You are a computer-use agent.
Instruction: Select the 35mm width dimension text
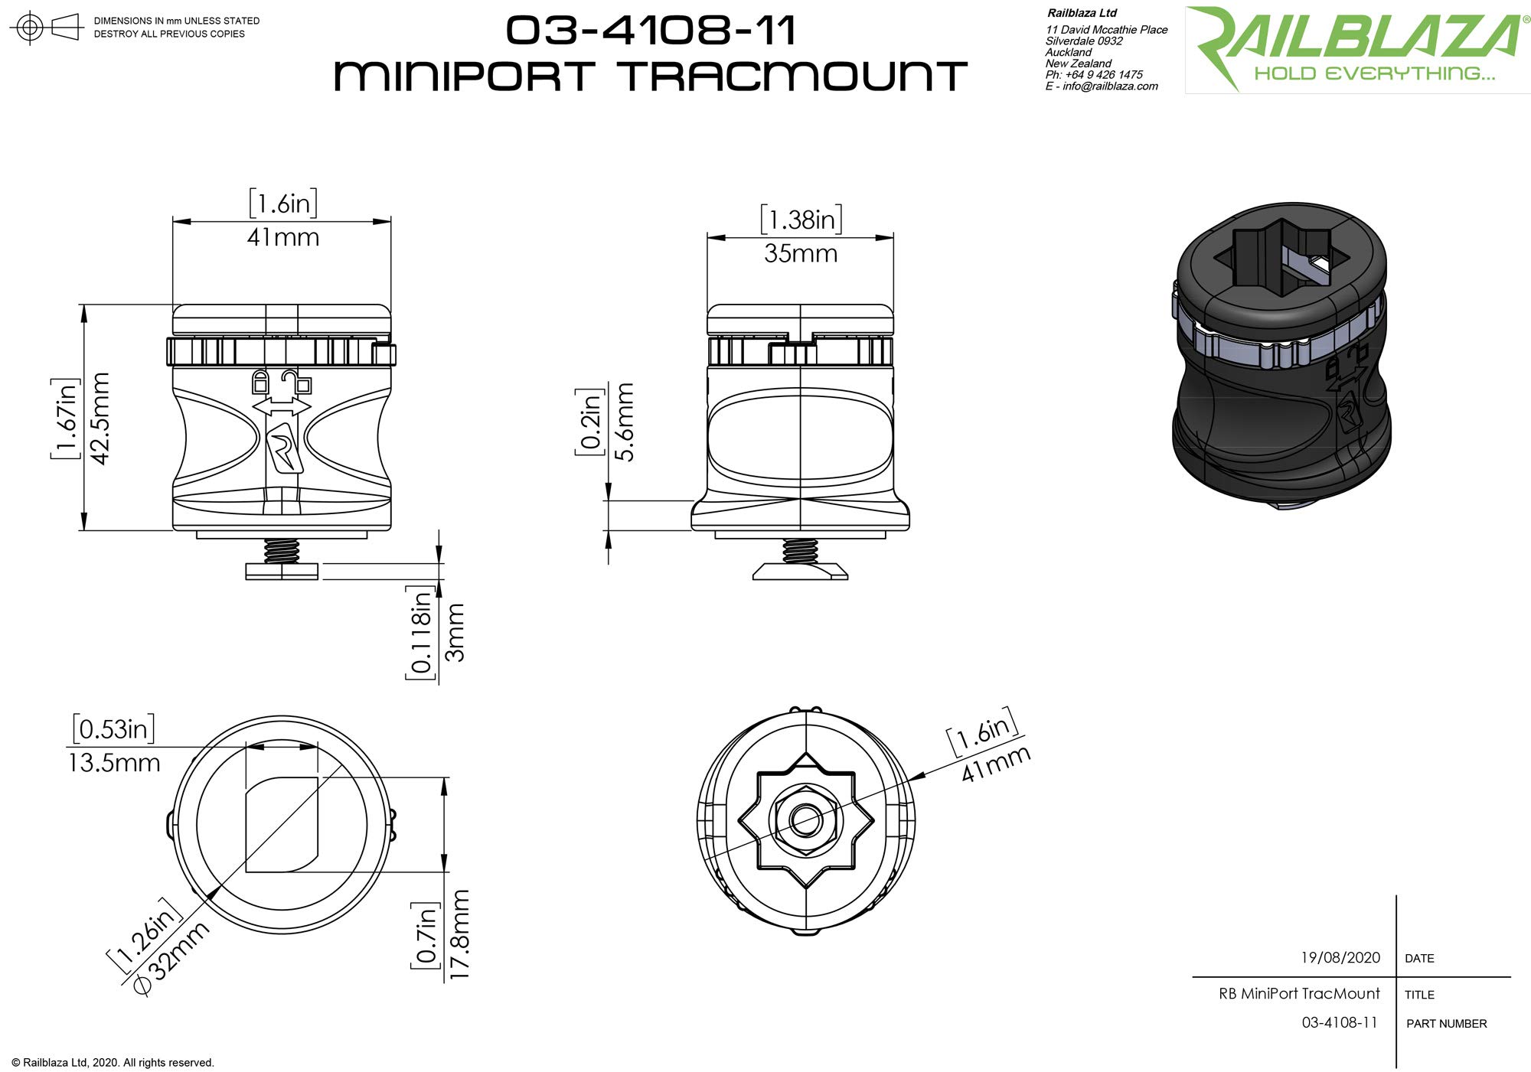(801, 254)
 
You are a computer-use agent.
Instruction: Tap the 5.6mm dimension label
(625, 422)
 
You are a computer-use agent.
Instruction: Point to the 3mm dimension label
(455, 632)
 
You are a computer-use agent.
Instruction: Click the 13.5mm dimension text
(114, 763)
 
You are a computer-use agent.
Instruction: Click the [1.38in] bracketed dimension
(801, 220)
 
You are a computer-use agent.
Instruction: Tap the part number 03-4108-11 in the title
(651, 31)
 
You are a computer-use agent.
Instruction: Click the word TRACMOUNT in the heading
(793, 77)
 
